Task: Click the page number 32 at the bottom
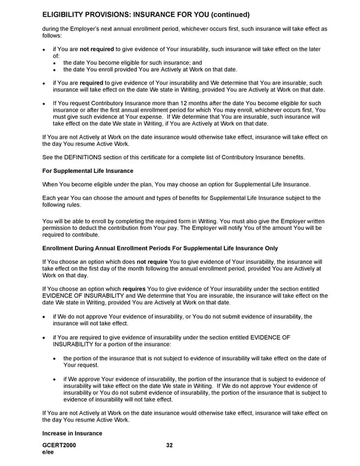[169, 445]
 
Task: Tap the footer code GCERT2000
[59, 445]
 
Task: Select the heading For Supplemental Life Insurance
[88, 171]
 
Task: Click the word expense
[136, 117]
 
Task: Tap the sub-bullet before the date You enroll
[56, 70]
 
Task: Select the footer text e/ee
[48, 452]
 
